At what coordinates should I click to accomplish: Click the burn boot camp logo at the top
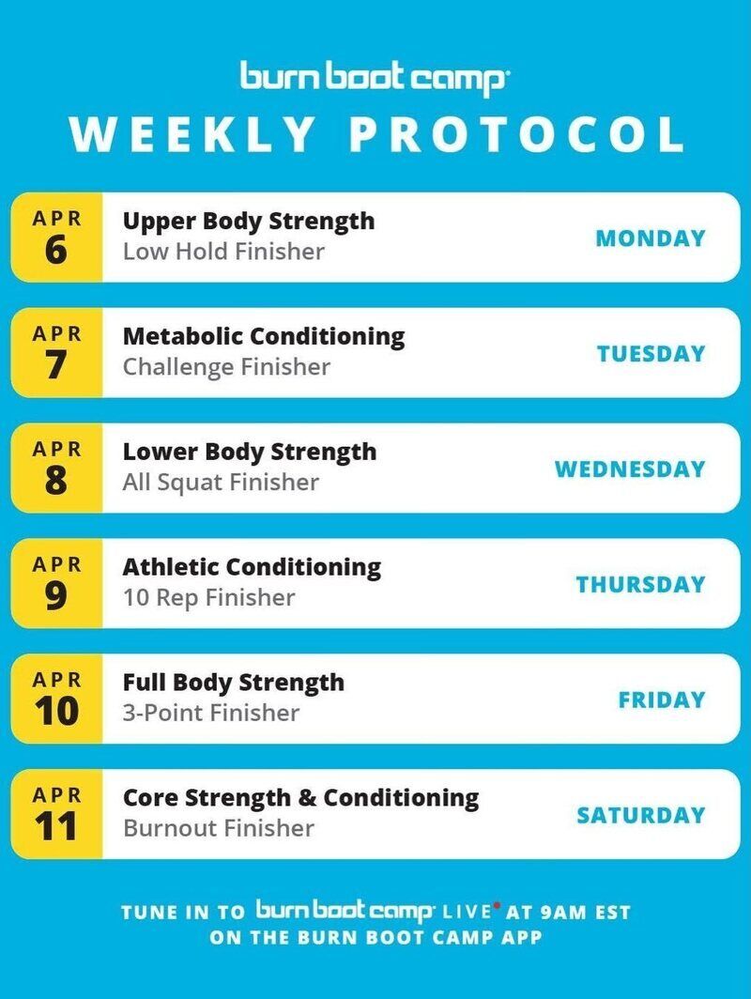pos(374,78)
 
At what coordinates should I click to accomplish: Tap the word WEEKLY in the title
pos(192,134)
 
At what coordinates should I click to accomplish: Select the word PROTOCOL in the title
pos(516,134)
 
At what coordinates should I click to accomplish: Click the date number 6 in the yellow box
pos(56,250)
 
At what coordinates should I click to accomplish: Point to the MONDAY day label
pos(651,238)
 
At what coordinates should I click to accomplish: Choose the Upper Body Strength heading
pos(249,222)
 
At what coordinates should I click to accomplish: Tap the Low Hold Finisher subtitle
pos(223,251)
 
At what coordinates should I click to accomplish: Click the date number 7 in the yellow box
pos(56,365)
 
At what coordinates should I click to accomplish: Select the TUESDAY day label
pos(651,354)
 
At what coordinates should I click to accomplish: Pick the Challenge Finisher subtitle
pos(227,367)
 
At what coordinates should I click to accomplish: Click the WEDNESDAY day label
pos(630,469)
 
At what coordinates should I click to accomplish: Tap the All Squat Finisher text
pos(221,483)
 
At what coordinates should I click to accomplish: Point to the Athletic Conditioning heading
pos(252,566)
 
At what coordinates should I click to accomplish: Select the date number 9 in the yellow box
pos(56,595)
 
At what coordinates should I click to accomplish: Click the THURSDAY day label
pos(641,584)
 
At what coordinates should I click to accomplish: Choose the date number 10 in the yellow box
pos(56,711)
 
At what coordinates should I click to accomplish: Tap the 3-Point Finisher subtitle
pos(211,713)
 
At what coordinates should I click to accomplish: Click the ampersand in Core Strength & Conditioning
pos(307,798)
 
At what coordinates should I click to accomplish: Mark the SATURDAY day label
pos(641,815)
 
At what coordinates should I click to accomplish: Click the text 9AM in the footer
pos(563,913)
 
